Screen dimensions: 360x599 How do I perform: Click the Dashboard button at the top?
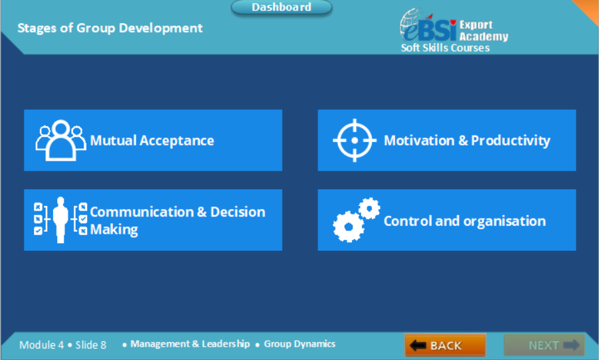[281, 7]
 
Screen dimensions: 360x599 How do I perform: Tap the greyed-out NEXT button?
[544, 345]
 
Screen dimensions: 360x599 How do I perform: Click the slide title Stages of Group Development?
[110, 28]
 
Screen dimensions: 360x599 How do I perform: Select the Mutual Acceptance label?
[152, 140]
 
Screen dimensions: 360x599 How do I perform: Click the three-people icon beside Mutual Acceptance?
[60, 140]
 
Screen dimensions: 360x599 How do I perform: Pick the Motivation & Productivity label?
[467, 140]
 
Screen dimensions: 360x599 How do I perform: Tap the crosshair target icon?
[354, 140]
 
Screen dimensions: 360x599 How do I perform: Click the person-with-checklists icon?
[60, 219]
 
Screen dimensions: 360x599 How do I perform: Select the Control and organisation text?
[465, 221]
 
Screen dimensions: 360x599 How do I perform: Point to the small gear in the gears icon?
[369, 209]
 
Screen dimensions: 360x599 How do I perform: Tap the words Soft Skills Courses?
[445, 48]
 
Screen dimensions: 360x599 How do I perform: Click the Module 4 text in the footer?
[41, 345]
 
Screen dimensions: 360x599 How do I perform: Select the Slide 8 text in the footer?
[91, 345]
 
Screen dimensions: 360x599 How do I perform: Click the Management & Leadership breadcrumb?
[190, 344]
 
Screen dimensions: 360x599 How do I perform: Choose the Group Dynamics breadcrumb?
[299, 344]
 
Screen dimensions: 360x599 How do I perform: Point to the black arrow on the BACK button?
[418, 345]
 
